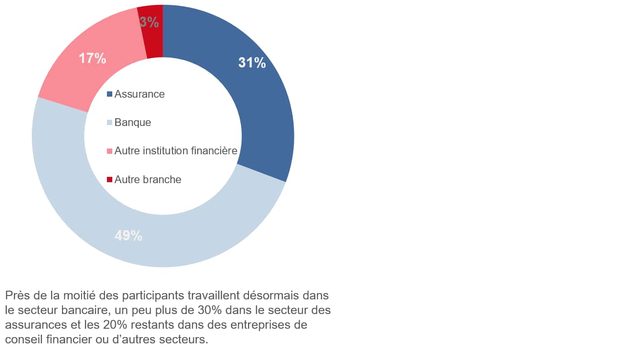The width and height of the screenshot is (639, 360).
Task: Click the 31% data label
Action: [x=252, y=63]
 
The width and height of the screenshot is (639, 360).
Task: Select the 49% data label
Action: [x=128, y=236]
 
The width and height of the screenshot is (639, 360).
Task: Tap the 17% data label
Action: [x=92, y=59]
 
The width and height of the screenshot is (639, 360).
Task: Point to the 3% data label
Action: [x=149, y=22]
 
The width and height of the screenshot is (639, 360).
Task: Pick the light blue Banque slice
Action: [x=73, y=195]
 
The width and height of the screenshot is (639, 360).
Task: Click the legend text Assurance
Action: [x=140, y=94]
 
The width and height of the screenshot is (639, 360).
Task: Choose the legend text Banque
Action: [x=133, y=123]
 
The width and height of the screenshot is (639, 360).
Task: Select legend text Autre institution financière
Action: [x=176, y=151]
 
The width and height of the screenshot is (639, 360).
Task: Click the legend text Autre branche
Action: [x=148, y=180]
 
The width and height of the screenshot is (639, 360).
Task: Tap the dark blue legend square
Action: [x=109, y=94]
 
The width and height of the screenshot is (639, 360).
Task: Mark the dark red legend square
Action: [x=109, y=180]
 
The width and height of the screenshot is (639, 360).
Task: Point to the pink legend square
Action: [x=109, y=151]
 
